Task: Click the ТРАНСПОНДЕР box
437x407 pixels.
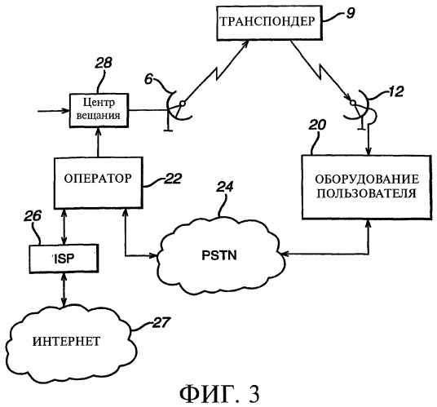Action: pos(270,23)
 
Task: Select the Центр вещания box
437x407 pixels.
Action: pos(99,110)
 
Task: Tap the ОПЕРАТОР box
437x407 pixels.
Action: pos(99,183)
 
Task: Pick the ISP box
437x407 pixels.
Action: pos(64,259)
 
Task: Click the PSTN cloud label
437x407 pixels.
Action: pos(219,255)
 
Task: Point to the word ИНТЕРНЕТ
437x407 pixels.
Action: pos(66,341)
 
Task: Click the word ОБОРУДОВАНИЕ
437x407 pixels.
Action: pos(367,179)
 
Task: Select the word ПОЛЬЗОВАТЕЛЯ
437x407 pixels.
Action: pos(367,193)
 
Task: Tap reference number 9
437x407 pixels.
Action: pos(351,13)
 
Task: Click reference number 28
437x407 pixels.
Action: pos(103,63)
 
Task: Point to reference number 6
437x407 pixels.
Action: pos(148,79)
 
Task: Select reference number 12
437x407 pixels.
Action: pos(395,91)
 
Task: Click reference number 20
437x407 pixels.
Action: pos(317,125)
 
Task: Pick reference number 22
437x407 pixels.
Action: pos(173,179)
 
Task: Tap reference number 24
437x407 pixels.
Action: pos(225,187)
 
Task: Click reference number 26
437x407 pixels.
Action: pos(33,216)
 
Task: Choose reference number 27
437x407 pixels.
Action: pos(161,322)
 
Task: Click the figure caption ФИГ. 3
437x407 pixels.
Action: pos(219,394)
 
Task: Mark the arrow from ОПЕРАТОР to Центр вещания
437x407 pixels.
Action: pos(98,142)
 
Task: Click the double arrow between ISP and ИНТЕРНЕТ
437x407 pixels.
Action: pos(64,290)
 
